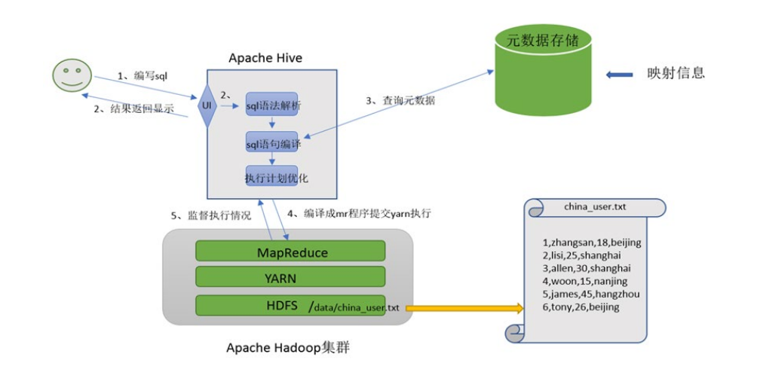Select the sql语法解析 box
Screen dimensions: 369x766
(x=272, y=106)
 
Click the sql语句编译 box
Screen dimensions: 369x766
(x=272, y=142)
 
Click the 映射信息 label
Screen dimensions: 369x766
(x=676, y=73)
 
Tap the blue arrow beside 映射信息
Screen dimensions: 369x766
(x=620, y=74)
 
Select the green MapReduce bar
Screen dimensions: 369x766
(x=290, y=252)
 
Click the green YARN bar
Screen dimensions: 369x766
(x=290, y=278)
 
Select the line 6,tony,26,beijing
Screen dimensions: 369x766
(x=581, y=307)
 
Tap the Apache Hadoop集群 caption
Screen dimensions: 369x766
(x=287, y=348)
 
